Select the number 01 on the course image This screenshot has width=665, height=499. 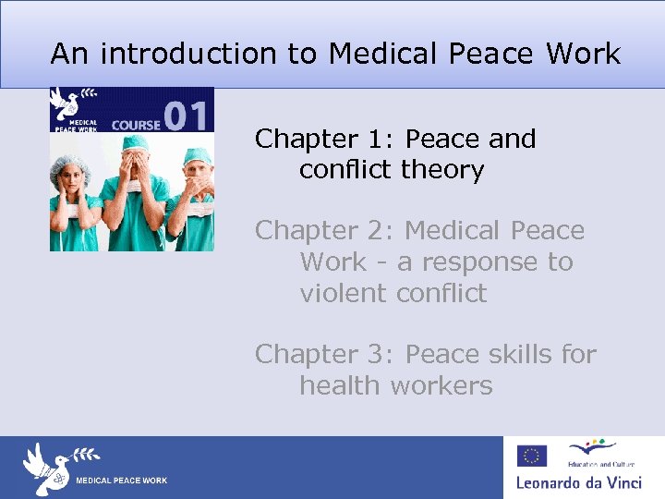(x=187, y=116)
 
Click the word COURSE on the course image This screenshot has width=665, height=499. (x=136, y=123)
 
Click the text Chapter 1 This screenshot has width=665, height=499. (x=319, y=139)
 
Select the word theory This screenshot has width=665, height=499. (x=442, y=170)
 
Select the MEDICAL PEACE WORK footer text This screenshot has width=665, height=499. (x=121, y=481)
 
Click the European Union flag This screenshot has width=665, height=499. (x=532, y=456)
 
